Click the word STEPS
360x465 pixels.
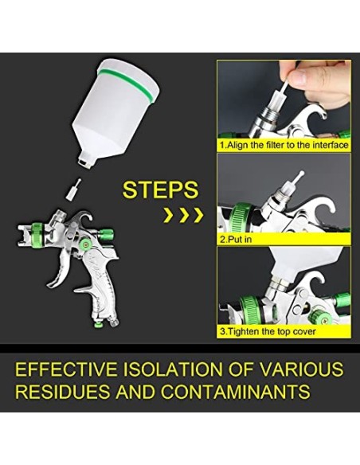pyautogui.click(x=160, y=190)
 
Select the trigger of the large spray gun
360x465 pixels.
pyautogui.click(x=60, y=267)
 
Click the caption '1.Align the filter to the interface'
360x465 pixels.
pyautogui.click(x=284, y=146)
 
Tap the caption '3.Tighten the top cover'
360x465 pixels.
pyautogui.click(x=267, y=330)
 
